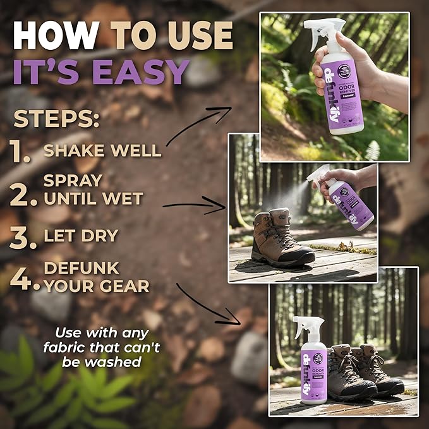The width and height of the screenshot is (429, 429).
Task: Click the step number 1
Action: (21, 152)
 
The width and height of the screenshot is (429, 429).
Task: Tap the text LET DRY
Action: (80, 236)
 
